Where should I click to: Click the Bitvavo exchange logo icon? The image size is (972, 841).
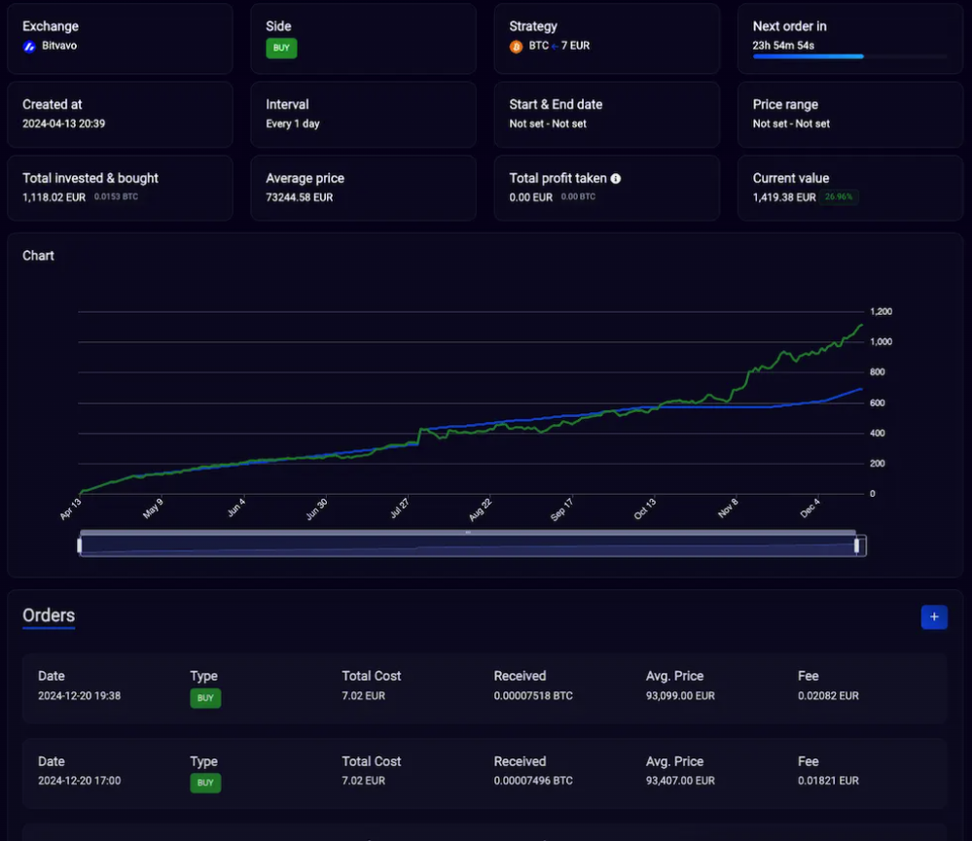pos(29,46)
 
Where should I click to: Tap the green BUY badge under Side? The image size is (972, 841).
pos(281,48)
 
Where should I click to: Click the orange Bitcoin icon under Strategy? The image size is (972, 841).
pos(516,46)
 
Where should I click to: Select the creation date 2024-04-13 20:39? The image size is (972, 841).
pos(64,123)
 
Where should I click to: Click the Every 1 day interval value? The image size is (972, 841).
pos(293,123)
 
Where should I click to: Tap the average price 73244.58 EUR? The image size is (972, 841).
pos(300,197)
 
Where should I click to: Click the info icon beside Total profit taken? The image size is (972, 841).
pos(616,179)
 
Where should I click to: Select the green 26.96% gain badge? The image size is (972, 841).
pos(838,197)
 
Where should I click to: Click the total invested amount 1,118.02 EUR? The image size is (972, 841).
pos(54,197)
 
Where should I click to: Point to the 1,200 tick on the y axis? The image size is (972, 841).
pos(881,312)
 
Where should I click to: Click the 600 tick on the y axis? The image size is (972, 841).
pos(878,403)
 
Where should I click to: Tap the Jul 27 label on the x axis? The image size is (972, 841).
pos(399,509)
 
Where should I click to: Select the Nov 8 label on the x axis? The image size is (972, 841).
pos(727,509)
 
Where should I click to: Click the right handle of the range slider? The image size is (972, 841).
pos(857,545)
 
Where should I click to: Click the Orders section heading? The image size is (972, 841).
pos(49,615)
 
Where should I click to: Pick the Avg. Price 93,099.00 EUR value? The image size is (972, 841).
pos(680,696)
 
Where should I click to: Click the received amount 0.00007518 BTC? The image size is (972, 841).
pos(533,696)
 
